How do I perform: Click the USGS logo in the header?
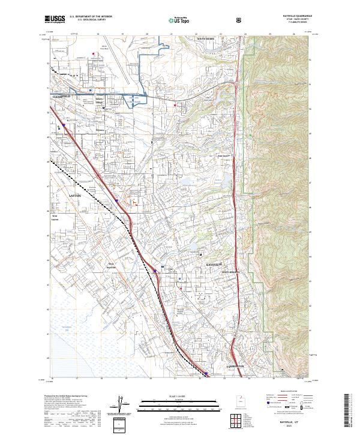[x=55, y=19]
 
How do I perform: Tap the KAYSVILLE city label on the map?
[x=214, y=264]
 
